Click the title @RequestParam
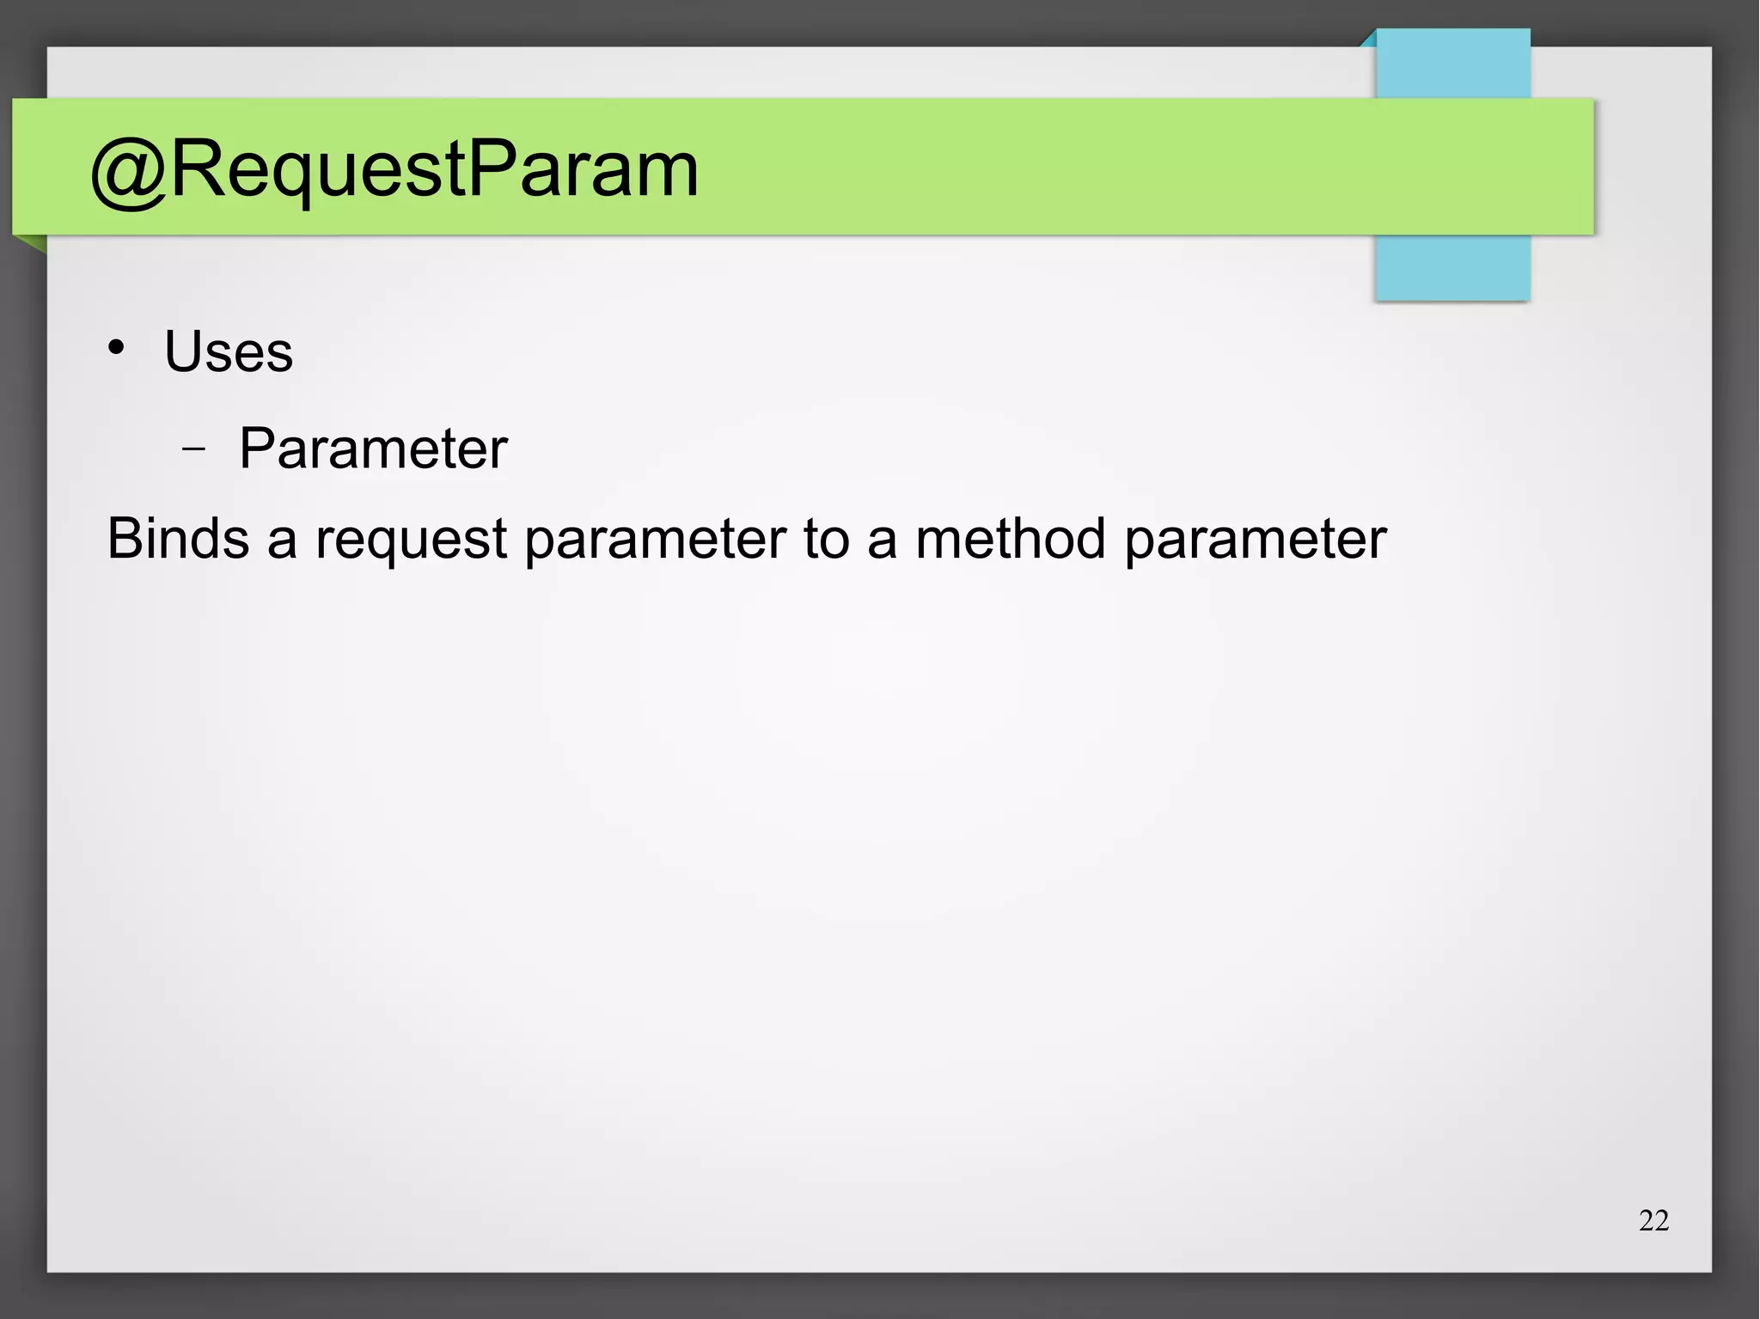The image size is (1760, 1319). coord(394,170)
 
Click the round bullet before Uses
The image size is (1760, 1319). coord(116,348)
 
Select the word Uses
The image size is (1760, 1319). coord(229,351)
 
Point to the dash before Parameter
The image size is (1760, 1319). coord(194,449)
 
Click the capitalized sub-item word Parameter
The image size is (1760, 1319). coord(373,449)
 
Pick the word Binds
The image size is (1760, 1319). coord(178,539)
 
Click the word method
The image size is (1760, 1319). coord(1010,539)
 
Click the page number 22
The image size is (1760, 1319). coord(1653,1220)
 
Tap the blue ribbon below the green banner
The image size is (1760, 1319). coord(1452,267)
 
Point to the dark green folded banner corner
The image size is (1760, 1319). coord(32,244)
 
